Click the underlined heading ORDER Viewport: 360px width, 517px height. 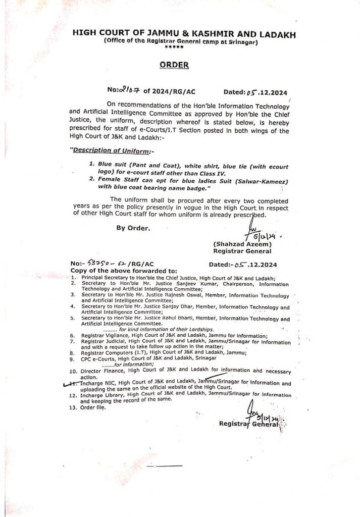tap(174, 65)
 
